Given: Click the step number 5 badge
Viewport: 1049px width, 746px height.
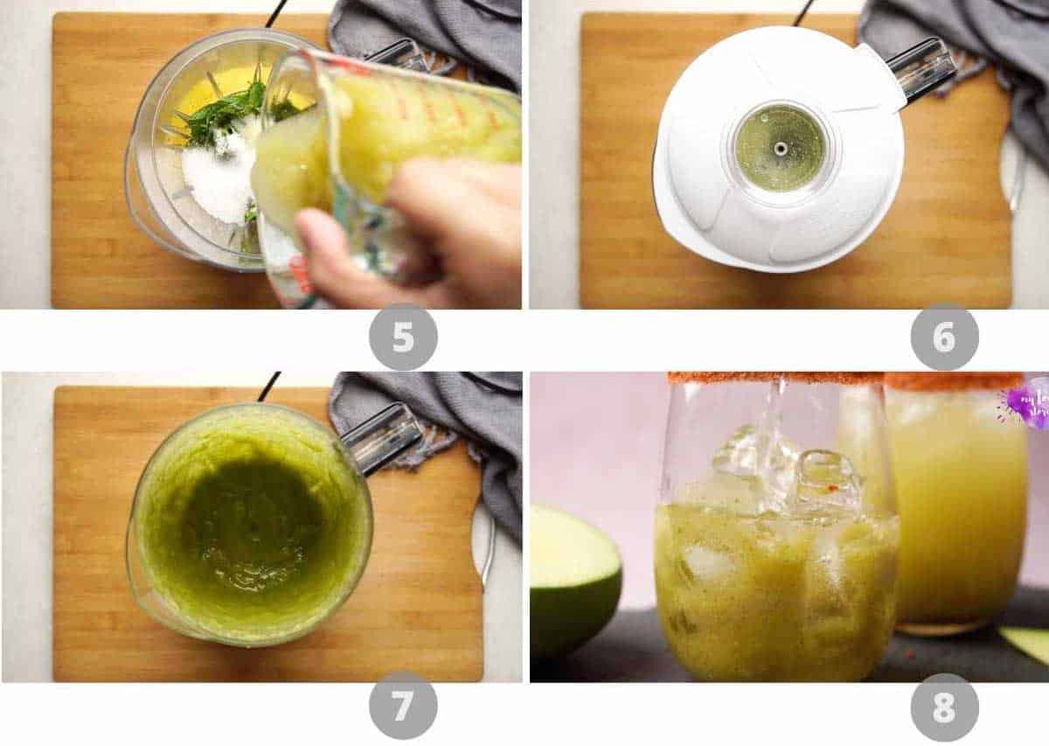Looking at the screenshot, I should point(403,337).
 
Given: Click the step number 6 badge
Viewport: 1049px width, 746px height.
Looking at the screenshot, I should point(944,337).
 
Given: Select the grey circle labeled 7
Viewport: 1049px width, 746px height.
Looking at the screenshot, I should point(403,705).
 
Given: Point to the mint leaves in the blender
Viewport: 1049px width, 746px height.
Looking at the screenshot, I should point(223,114).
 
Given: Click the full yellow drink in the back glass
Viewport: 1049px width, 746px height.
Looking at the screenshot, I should point(957,507).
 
